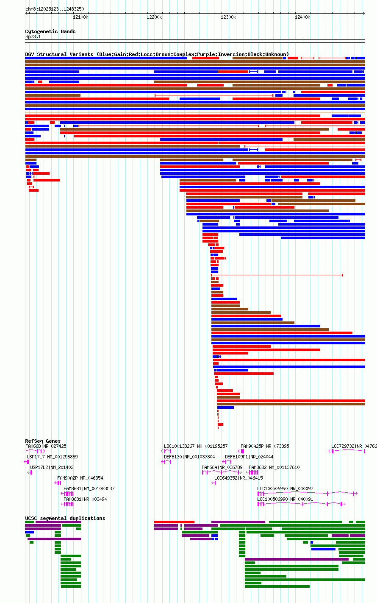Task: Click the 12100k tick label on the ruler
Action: [80, 17]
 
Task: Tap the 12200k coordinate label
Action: [154, 17]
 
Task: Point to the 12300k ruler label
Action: [228, 17]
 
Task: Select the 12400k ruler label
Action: [302, 17]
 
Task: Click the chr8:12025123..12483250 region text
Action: [55, 9]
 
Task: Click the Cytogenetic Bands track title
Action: [50, 31]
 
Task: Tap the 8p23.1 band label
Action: [33, 36]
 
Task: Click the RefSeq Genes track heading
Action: [43, 441]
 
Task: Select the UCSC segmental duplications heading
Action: [65, 518]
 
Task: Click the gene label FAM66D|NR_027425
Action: [46, 446]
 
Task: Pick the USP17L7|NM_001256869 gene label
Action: [52, 457]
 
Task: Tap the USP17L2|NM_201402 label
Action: [52, 467]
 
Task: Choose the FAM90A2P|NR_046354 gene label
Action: [80, 478]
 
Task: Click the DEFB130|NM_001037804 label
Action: [189, 457]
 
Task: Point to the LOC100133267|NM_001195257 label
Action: [196, 446]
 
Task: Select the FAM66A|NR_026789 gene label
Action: [222, 467]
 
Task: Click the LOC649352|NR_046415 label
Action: [238, 478]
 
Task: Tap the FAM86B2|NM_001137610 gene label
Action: [274, 467]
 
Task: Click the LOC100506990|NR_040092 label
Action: [285, 489]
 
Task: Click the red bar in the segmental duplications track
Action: [174, 522]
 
